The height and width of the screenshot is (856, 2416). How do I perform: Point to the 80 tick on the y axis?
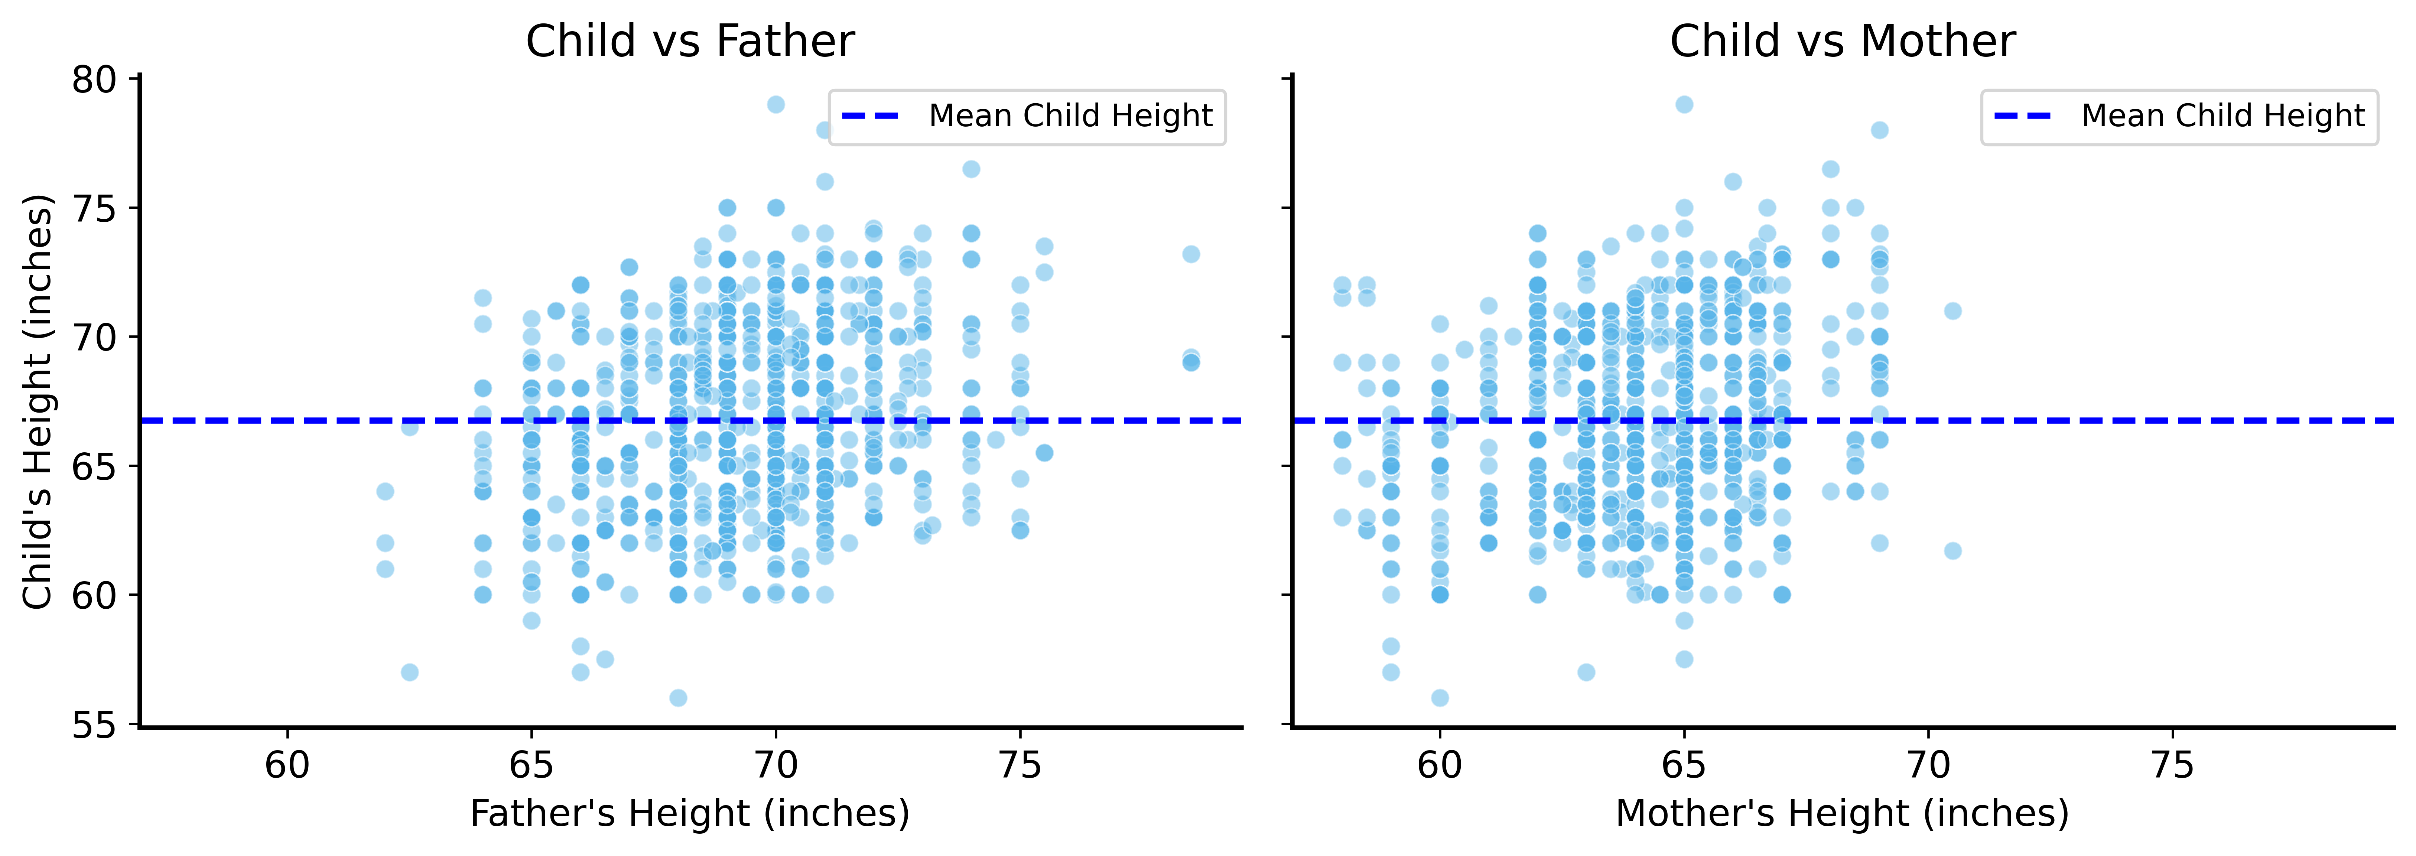pyautogui.click(x=94, y=80)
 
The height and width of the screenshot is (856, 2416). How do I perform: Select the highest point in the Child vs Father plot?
pyautogui.click(x=775, y=104)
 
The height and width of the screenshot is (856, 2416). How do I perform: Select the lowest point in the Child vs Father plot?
pyautogui.click(x=678, y=697)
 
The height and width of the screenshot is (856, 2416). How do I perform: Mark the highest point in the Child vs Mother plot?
pyautogui.click(x=1684, y=104)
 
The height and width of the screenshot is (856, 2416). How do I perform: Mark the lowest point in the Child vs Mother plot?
pyautogui.click(x=1440, y=697)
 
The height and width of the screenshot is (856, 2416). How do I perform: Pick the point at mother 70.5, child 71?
pyautogui.click(x=1953, y=310)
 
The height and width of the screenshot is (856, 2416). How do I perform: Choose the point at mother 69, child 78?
pyautogui.click(x=1880, y=130)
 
